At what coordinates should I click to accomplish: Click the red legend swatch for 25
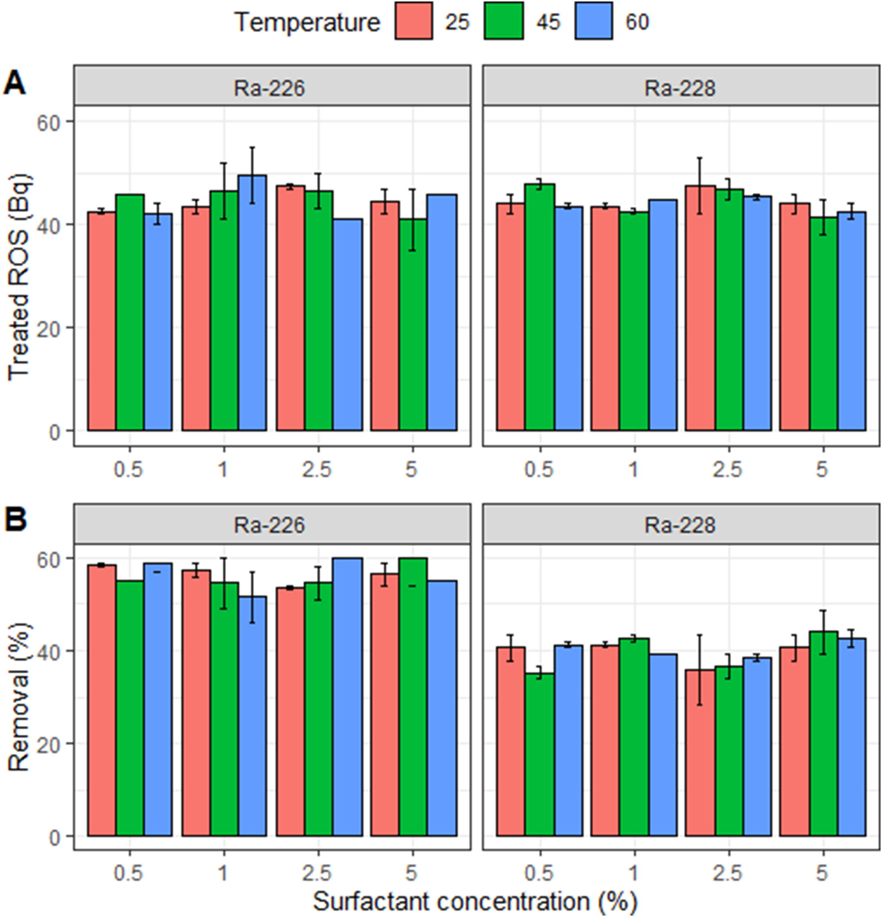(413, 21)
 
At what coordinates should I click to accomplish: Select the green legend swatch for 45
(504, 21)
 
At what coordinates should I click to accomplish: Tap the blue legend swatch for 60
(593, 21)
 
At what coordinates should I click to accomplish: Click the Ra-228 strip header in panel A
(680, 87)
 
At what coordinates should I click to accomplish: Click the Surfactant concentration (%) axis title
(475, 900)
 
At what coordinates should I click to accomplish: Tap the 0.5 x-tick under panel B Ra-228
(539, 873)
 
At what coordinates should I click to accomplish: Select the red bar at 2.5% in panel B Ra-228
(700, 753)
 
